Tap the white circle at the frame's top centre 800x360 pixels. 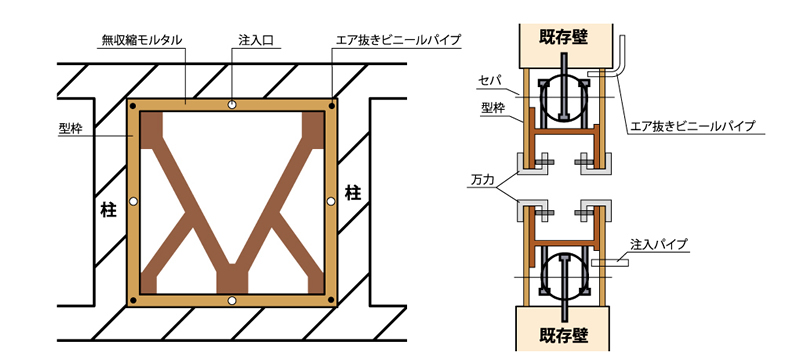pos(231,104)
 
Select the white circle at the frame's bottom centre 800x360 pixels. pos(231,300)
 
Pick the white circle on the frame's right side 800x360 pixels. pos(331,202)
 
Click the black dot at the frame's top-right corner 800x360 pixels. pos(331,104)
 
